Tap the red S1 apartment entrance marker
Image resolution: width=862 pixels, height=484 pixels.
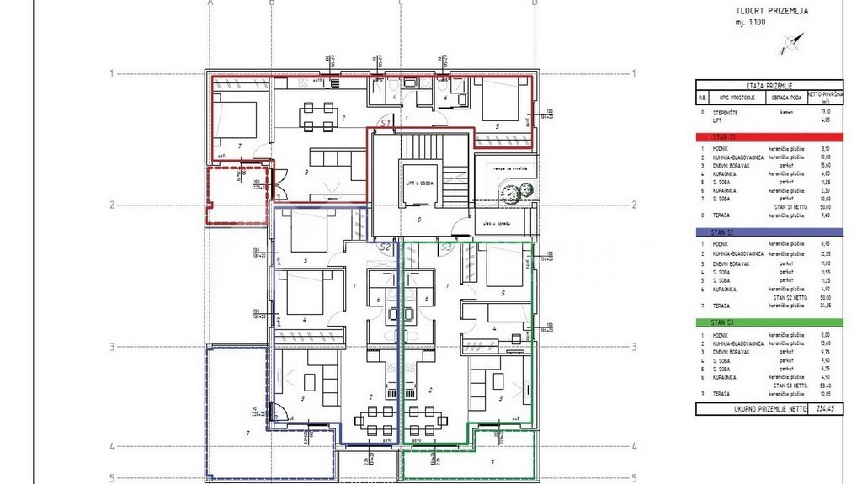(386, 123)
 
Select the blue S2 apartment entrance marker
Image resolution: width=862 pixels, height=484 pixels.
(386, 247)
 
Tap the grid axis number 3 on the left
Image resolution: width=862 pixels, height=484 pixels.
(112, 346)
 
